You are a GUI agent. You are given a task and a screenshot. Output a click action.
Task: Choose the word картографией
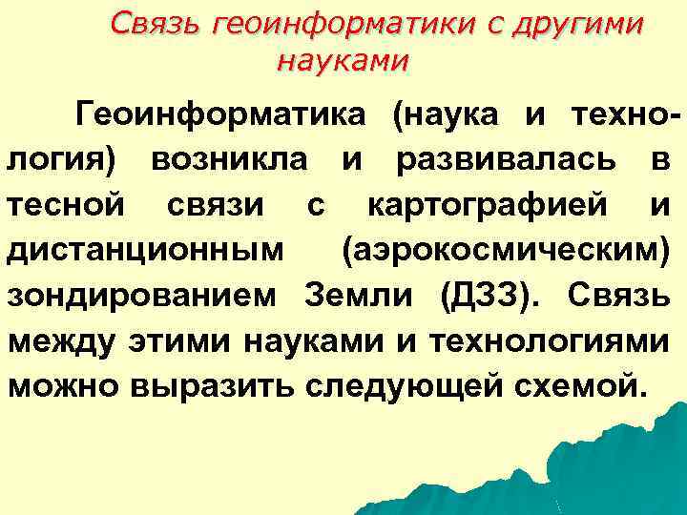click(488, 204)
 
